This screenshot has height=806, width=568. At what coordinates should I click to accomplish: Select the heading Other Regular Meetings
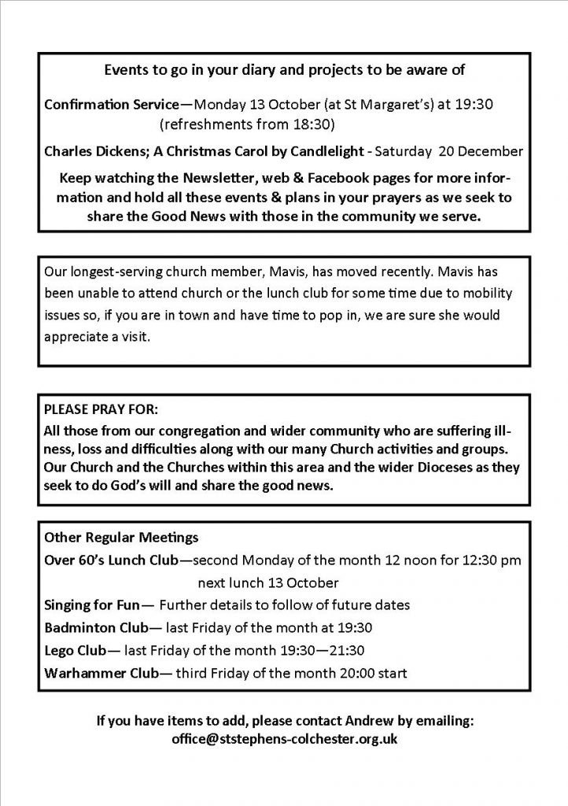[x=121, y=538]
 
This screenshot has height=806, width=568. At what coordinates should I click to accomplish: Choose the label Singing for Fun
[x=92, y=605]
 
